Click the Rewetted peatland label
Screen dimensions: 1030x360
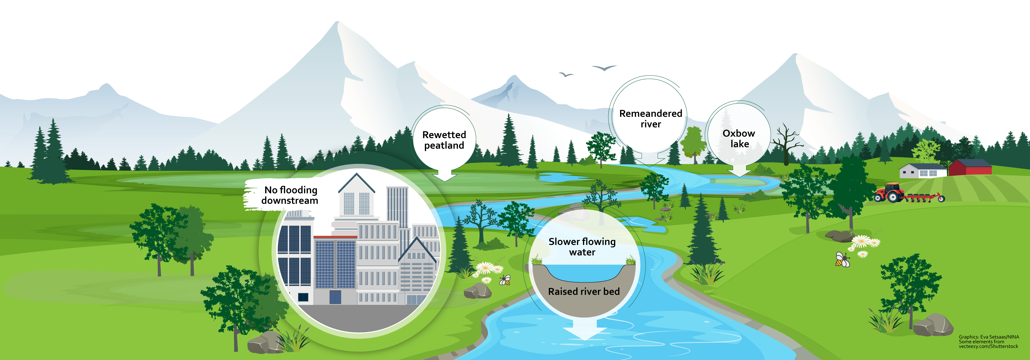444,140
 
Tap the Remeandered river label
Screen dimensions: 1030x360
651,119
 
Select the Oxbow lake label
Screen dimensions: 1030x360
739,138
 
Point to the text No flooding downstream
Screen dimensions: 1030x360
290,195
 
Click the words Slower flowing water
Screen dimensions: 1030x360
582,247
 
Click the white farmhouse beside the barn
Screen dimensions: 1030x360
923,171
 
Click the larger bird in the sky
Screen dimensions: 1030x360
604,68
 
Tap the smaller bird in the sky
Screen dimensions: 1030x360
566,75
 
